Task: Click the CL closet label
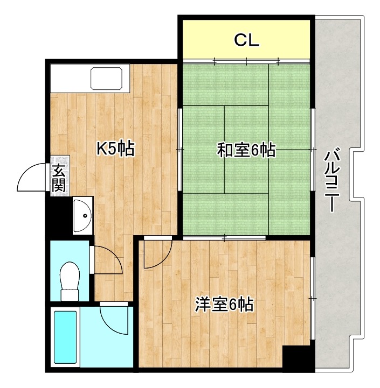pos(247,39)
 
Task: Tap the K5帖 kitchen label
pos(115,149)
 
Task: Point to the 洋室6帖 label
pos(224,305)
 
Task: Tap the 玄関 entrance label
pos(59,179)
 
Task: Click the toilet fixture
pos(70,280)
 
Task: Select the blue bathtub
pos(65,337)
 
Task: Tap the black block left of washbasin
pos(59,215)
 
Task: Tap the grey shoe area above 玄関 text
pos(60,160)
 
